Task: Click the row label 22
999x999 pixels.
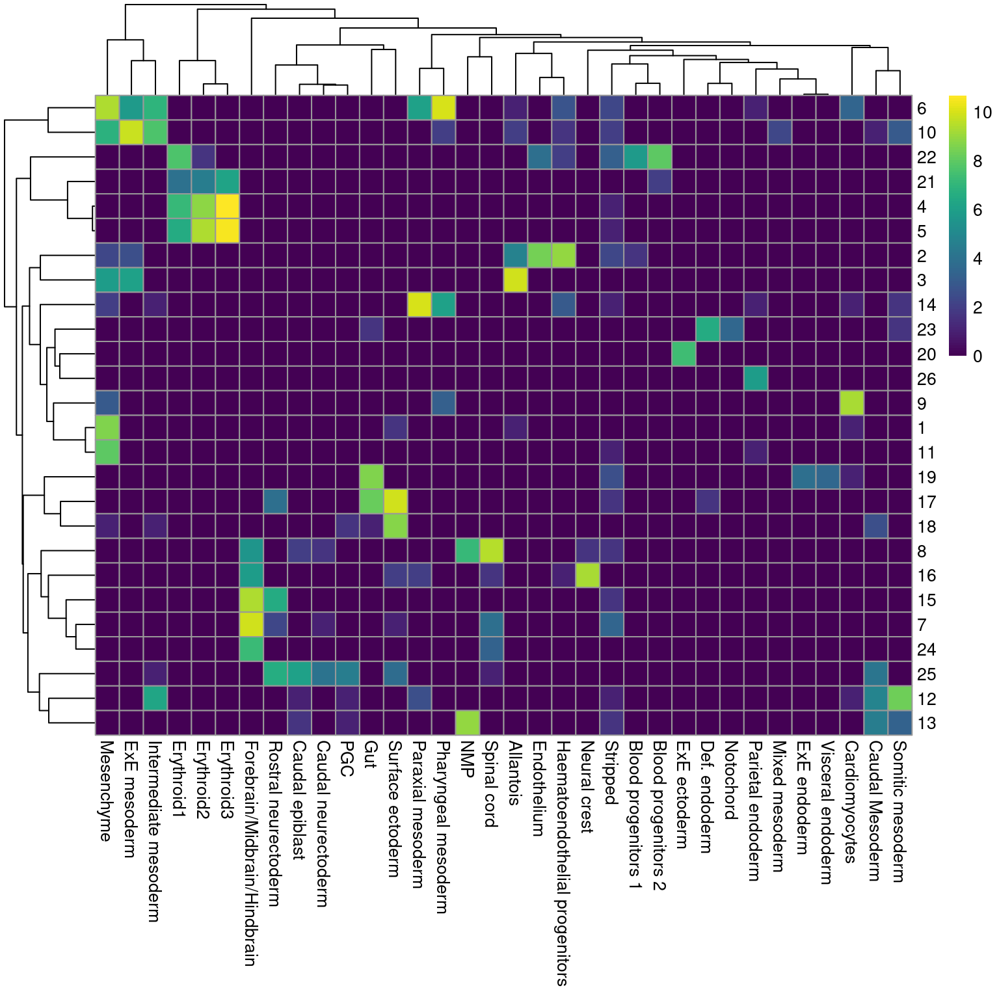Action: [926, 157]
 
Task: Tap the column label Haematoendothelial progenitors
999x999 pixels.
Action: [563, 862]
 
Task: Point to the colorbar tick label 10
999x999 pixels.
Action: [982, 113]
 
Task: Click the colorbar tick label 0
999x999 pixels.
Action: [978, 356]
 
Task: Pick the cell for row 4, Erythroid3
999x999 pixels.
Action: [227, 207]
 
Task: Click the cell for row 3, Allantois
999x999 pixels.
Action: [516, 280]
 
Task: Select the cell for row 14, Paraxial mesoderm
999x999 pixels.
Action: [420, 305]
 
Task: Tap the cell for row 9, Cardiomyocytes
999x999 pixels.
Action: [852, 403]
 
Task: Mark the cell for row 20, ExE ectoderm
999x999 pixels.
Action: [684, 354]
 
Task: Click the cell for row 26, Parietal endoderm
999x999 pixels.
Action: [756, 379]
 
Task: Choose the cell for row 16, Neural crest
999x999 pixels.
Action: [587, 576]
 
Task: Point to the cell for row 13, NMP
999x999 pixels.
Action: [468, 723]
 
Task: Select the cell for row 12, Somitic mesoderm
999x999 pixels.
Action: [900, 699]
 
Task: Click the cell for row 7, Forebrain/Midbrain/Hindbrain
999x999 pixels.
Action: [251, 624]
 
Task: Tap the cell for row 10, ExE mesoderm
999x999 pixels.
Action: [131, 133]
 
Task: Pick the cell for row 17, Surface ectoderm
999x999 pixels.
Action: [395, 501]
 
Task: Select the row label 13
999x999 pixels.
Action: [926, 723]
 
